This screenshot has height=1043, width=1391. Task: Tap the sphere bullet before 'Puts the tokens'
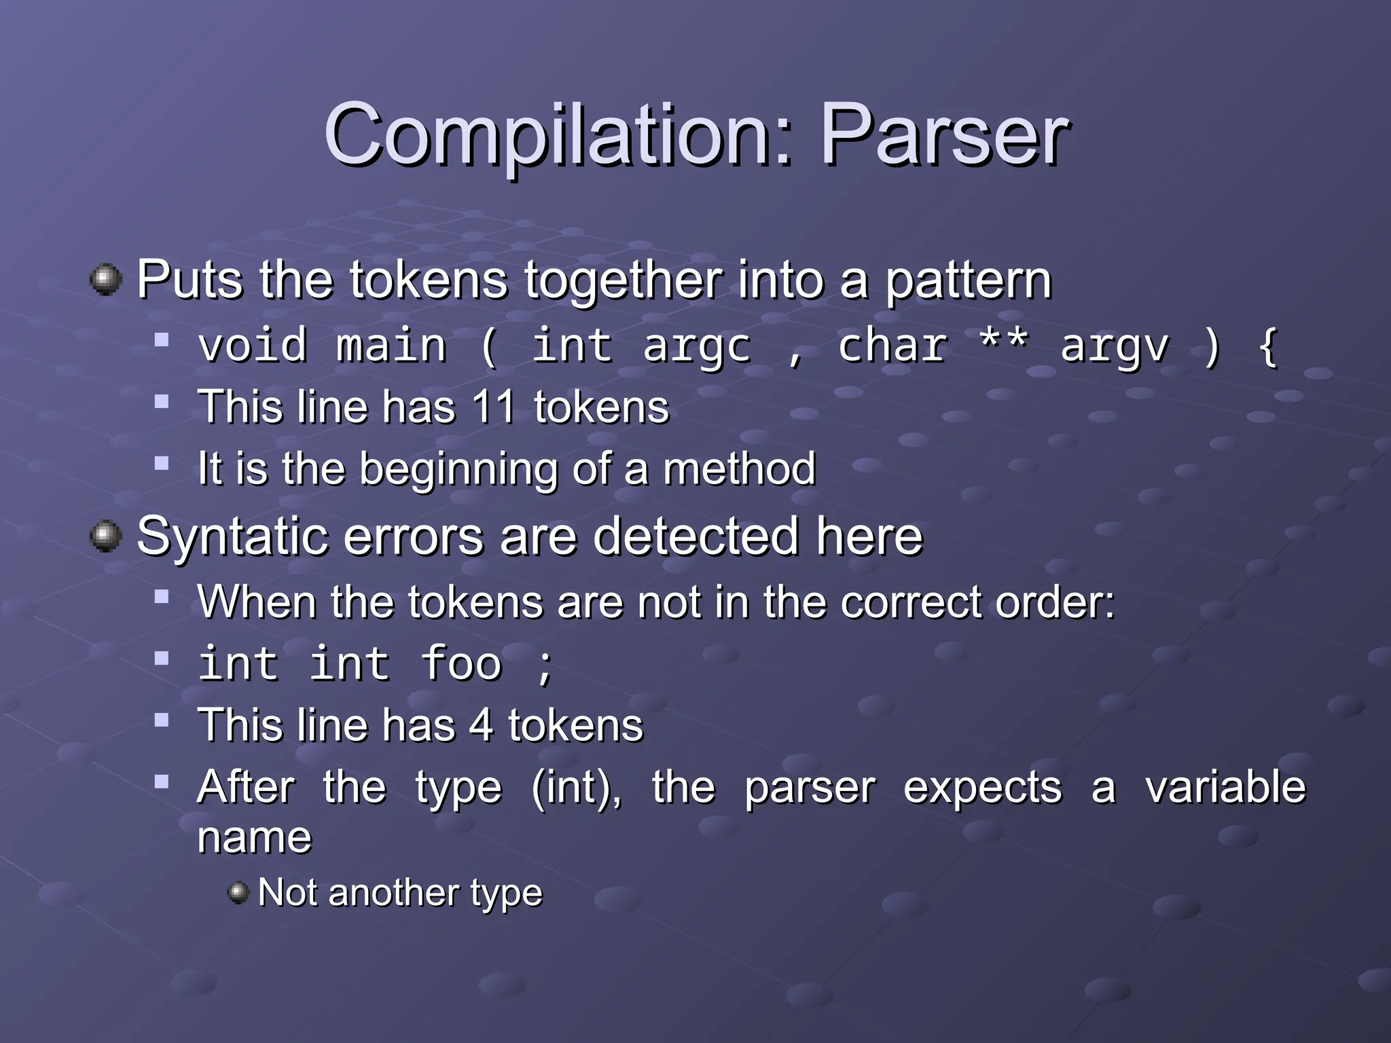pos(106,280)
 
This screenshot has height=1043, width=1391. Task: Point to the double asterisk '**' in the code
pos(1003,343)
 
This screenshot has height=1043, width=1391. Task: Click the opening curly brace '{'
pos(1267,346)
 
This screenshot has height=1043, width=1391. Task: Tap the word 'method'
pos(739,469)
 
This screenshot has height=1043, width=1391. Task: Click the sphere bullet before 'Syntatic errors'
pos(106,536)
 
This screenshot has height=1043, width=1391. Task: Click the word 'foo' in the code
pos(461,663)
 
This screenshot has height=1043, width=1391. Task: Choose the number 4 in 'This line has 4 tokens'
pos(481,725)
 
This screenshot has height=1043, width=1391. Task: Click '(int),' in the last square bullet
pos(577,788)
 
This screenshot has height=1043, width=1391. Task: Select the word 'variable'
pos(1225,788)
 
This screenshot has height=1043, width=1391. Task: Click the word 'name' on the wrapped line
pos(254,838)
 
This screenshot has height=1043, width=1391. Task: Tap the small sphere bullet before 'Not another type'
pos(238,892)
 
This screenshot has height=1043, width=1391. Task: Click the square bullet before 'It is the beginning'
pos(161,464)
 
